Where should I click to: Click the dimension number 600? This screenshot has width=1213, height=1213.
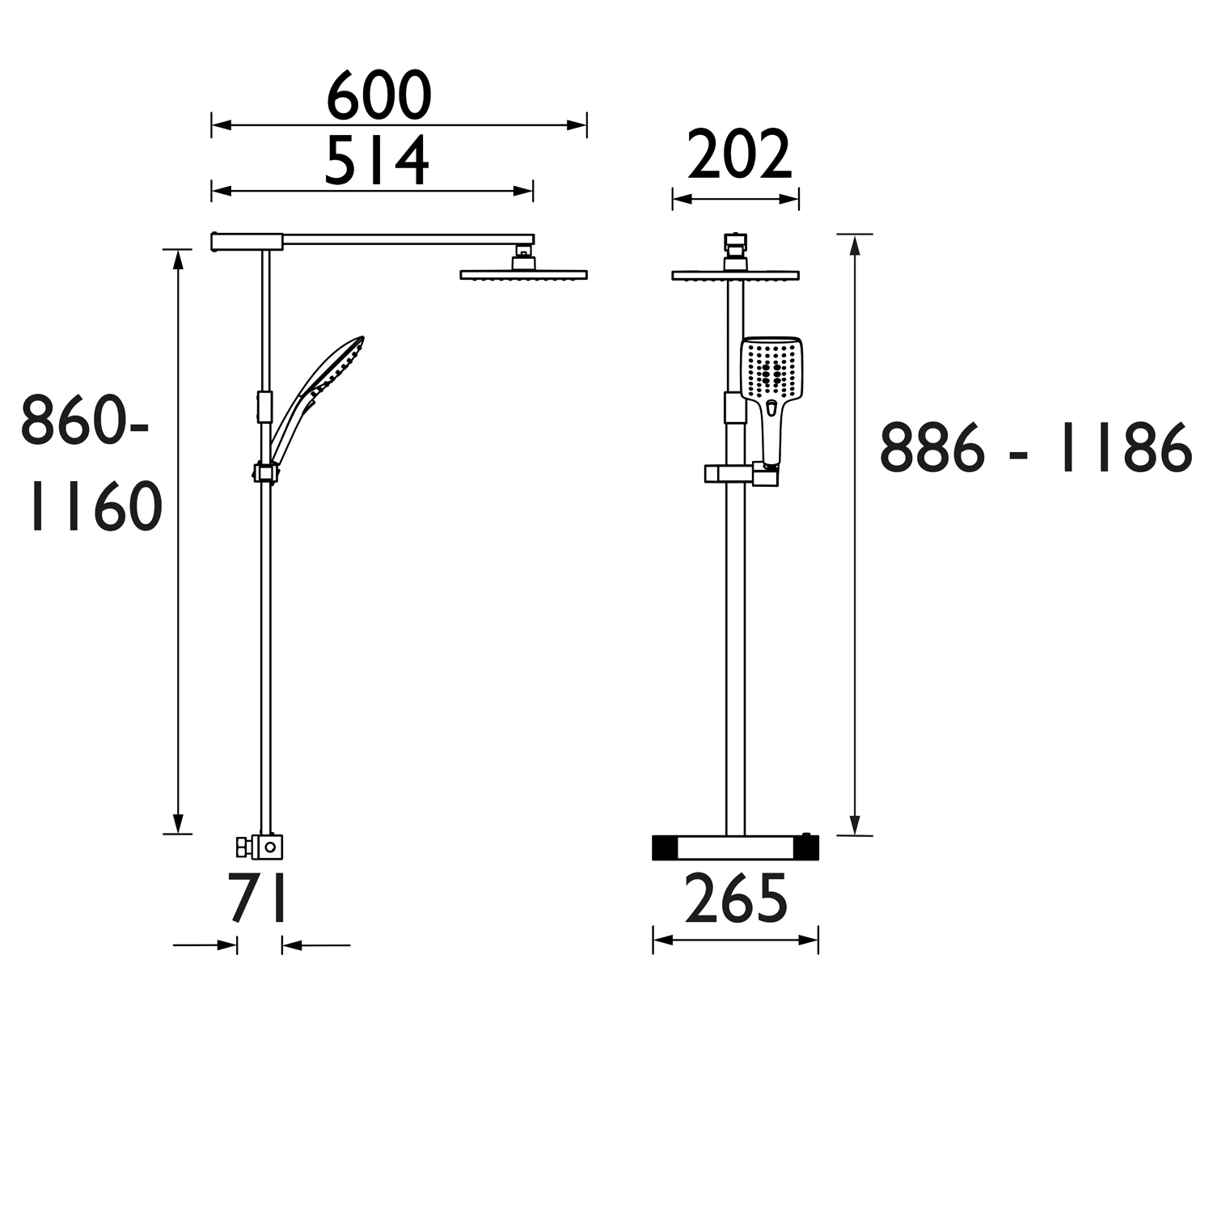point(378,96)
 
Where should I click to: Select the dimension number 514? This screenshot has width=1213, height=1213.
point(377,161)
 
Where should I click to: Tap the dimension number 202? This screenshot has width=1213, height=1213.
point(739,156)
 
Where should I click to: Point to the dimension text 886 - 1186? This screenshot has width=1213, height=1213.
point(1035,448)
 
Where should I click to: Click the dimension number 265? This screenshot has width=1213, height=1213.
point(736,899)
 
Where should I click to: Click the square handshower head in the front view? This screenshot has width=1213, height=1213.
point(771,370)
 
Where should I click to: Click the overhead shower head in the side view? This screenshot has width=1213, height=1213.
point(523,274)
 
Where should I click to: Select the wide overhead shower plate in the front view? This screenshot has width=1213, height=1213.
point(735,275)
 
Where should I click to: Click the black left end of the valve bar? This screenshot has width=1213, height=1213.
point(665,847)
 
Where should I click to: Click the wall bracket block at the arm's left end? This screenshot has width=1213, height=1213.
point(247,241)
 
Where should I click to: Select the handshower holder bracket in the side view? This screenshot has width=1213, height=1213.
point(265,472)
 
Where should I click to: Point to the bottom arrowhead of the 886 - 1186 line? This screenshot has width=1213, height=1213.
point(855,825)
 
